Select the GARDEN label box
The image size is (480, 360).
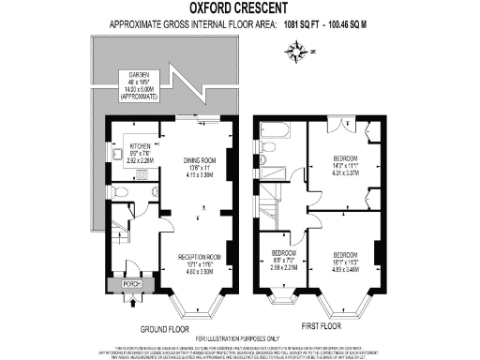click(139, 87)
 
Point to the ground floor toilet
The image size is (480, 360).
click(117, 191)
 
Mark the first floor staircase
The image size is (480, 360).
click(271, 203)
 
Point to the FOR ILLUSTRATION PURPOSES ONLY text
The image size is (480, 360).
click(239, 338)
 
